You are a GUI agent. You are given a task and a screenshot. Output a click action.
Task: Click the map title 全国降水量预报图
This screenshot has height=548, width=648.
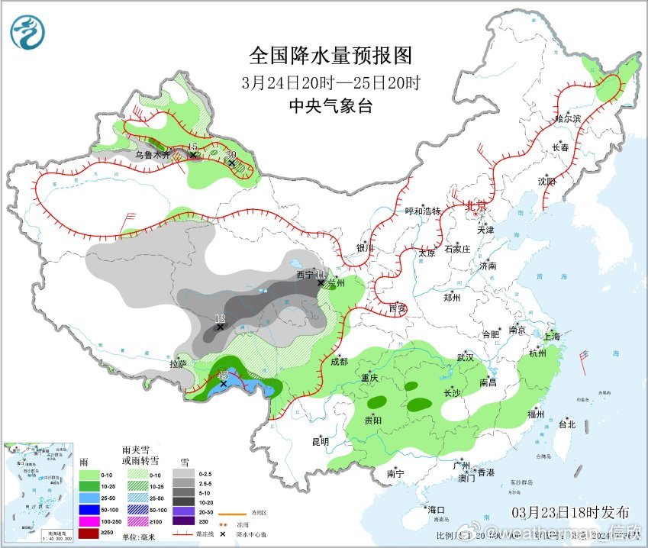tap(330, 56)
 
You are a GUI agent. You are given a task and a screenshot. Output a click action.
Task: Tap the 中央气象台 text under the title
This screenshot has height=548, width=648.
tap(330, 107)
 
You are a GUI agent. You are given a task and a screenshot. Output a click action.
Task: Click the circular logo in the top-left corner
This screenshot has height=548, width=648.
tap(27, 33)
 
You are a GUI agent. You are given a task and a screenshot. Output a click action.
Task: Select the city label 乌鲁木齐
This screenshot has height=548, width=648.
tap(150, 154)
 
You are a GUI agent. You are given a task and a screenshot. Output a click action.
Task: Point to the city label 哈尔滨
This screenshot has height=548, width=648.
tap(568, 119)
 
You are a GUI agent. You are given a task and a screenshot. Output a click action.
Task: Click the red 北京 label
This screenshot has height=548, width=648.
tap(476, 205)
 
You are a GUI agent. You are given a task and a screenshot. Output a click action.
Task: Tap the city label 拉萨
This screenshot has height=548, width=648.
tap(179, 364)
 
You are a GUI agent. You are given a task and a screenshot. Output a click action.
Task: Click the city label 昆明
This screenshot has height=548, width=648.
tap(320, 441)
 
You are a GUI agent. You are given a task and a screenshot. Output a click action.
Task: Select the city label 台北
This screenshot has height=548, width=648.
tap(566, 424)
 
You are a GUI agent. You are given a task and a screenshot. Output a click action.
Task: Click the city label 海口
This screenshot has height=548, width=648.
tap(436, 509)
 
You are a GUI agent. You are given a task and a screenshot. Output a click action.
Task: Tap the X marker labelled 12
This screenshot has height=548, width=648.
tap(221, 327)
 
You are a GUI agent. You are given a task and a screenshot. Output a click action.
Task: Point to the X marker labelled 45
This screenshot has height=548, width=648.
tap(223, 384)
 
